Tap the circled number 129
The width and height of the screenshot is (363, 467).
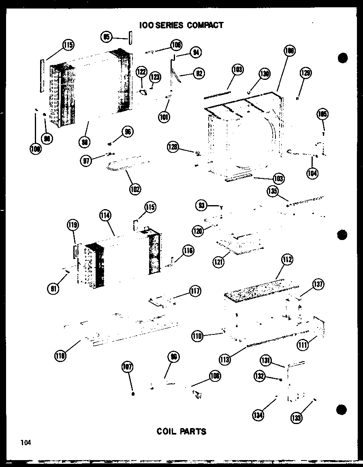point(305,73)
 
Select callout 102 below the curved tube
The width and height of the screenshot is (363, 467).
point(135,189)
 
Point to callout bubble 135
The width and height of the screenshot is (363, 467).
point(272,191)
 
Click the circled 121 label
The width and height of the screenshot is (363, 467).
point(219,262)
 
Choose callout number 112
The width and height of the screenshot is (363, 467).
point(288,260)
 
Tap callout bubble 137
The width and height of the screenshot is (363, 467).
point(318,285)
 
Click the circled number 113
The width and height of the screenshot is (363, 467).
point(225,358)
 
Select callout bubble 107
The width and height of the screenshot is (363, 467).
point(128,368)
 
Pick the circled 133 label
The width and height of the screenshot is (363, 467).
point(297,417)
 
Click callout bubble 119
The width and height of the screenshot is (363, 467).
point(73,225)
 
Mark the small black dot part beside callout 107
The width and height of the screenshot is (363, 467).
point(133,394)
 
